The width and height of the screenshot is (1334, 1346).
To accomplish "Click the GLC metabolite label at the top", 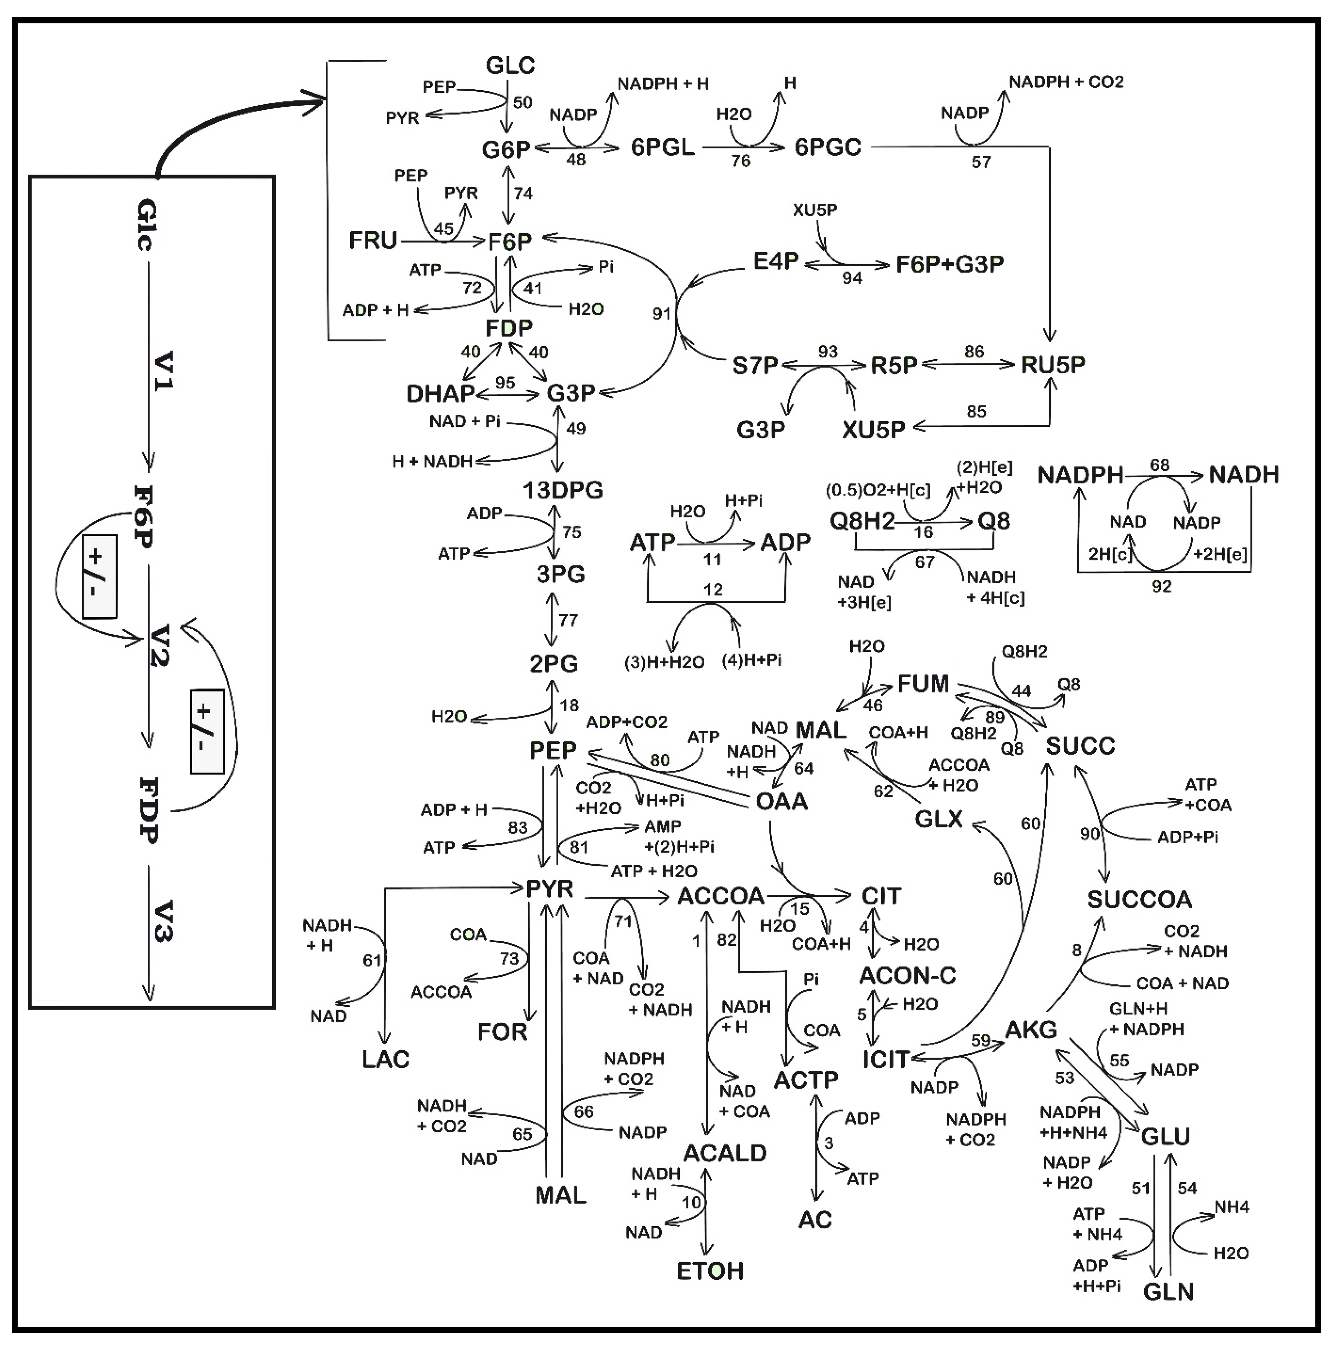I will (510, 66).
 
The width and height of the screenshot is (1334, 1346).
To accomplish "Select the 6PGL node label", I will (663, 147).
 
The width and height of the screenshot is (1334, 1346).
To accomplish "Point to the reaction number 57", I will (981, 162).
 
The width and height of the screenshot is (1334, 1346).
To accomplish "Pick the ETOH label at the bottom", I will (710, 1271).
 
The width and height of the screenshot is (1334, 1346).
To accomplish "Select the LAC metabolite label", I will (385, 1060).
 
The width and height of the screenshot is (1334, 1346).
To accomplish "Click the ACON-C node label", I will (907, 975).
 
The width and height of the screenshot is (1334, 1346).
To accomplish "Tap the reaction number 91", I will (661, 314).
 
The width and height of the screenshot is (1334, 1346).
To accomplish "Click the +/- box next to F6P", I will (99, 576).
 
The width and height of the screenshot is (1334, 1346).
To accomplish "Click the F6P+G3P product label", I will (950, 265).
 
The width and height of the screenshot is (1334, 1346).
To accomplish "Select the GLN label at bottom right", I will (1168, 1293).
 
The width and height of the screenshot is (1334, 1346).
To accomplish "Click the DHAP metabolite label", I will (440, 394).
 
